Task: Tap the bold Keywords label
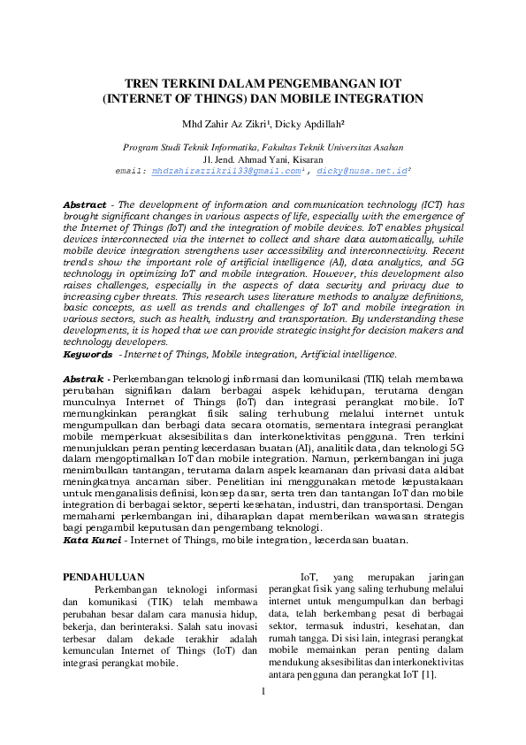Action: point(88,354)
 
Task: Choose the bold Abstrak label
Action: point(84,379)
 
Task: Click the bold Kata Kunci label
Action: point(91,540)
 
